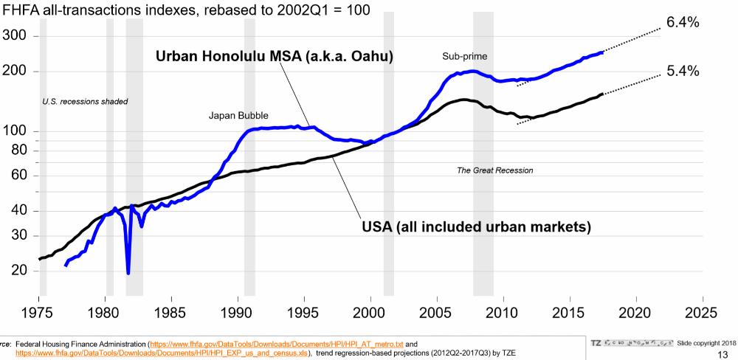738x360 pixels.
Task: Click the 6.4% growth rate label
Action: tap(682, 22)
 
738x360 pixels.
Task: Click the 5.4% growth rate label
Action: tap(682, 72)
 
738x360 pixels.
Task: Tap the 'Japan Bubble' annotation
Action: tap(238, 116)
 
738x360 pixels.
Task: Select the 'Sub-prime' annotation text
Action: tap(465, 56)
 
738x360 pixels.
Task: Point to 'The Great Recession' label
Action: tap(494, 170)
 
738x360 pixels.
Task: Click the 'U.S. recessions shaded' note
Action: tap(86, 101)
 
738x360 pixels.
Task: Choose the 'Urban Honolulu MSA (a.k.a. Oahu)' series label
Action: tap(274, 57)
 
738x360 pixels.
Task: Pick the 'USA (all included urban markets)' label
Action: tap(476, 226)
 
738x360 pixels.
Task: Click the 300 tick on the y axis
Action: tap(20, 35)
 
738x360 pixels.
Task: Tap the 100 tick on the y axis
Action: tap(20, 131)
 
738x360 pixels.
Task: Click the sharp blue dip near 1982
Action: tap(128, 272)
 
